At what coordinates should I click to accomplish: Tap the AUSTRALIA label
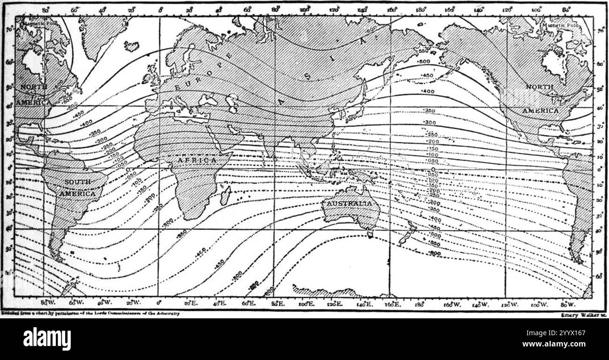coord(349,204)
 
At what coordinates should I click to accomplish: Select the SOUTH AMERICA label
coord(79,187)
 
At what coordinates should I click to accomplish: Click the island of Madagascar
coord(225,195)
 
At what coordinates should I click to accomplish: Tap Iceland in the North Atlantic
coord(132,46)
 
